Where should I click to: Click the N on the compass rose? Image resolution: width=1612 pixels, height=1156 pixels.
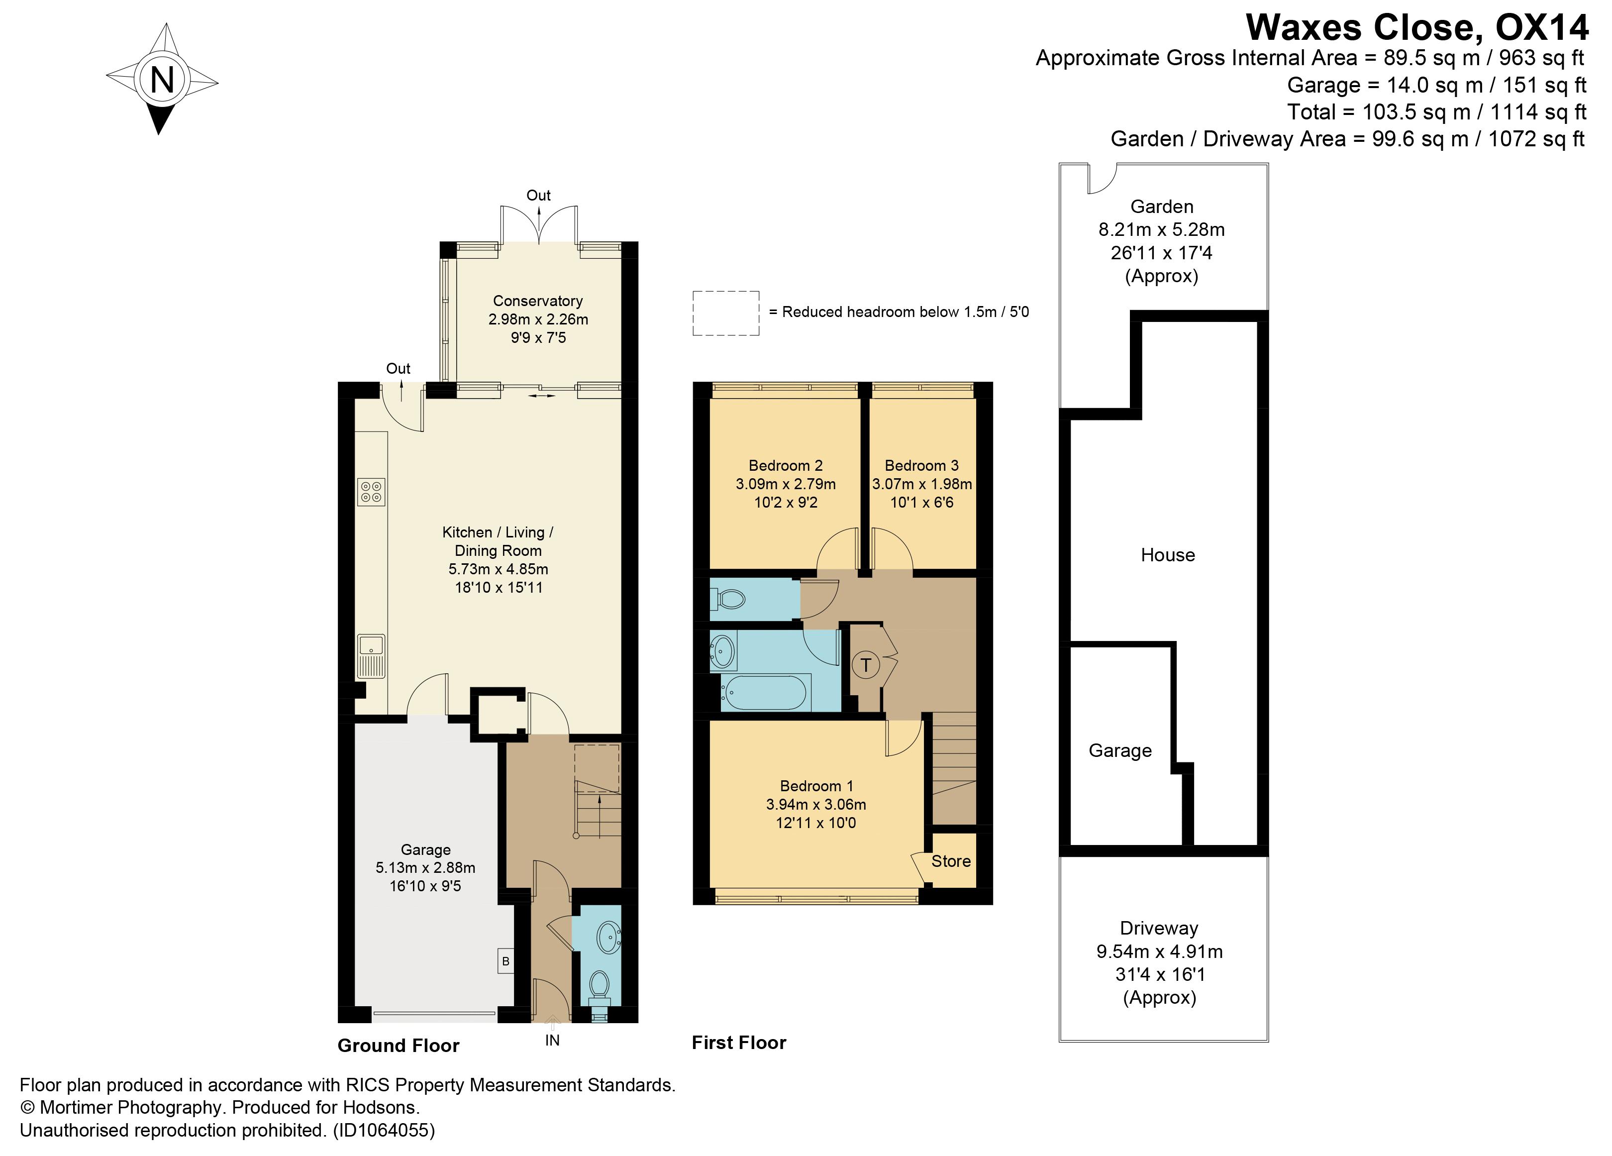[x=162, y=79]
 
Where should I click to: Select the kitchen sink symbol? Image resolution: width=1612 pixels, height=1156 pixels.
[x=371, y=655]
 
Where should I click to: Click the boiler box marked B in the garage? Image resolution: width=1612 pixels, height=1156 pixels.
[x=505, y=962]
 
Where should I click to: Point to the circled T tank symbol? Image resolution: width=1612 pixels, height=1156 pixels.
[x=865, y=665]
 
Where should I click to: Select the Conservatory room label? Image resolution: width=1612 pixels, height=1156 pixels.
[x=537, y=301]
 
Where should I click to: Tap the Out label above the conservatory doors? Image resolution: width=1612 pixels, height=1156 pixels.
[x=538, y=195]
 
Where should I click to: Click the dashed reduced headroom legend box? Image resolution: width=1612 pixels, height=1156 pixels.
[x=726, y=313]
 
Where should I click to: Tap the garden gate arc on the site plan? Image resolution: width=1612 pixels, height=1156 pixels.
[x=1103, y=179]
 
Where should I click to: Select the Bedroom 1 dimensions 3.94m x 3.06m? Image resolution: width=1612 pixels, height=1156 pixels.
[x=815, y=804]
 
